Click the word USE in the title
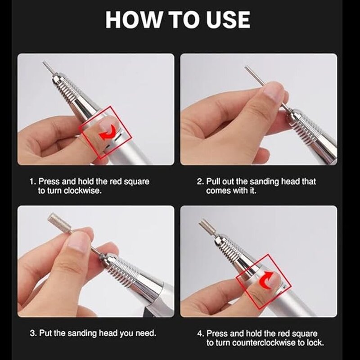coord(225,20)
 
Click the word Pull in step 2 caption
coord(214,181)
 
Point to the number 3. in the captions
coord(33,334)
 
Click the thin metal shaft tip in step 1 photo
coord(47,67)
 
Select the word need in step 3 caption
coord(146,334)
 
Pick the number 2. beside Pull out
coord(200,181)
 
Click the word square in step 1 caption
coord(138,181)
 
